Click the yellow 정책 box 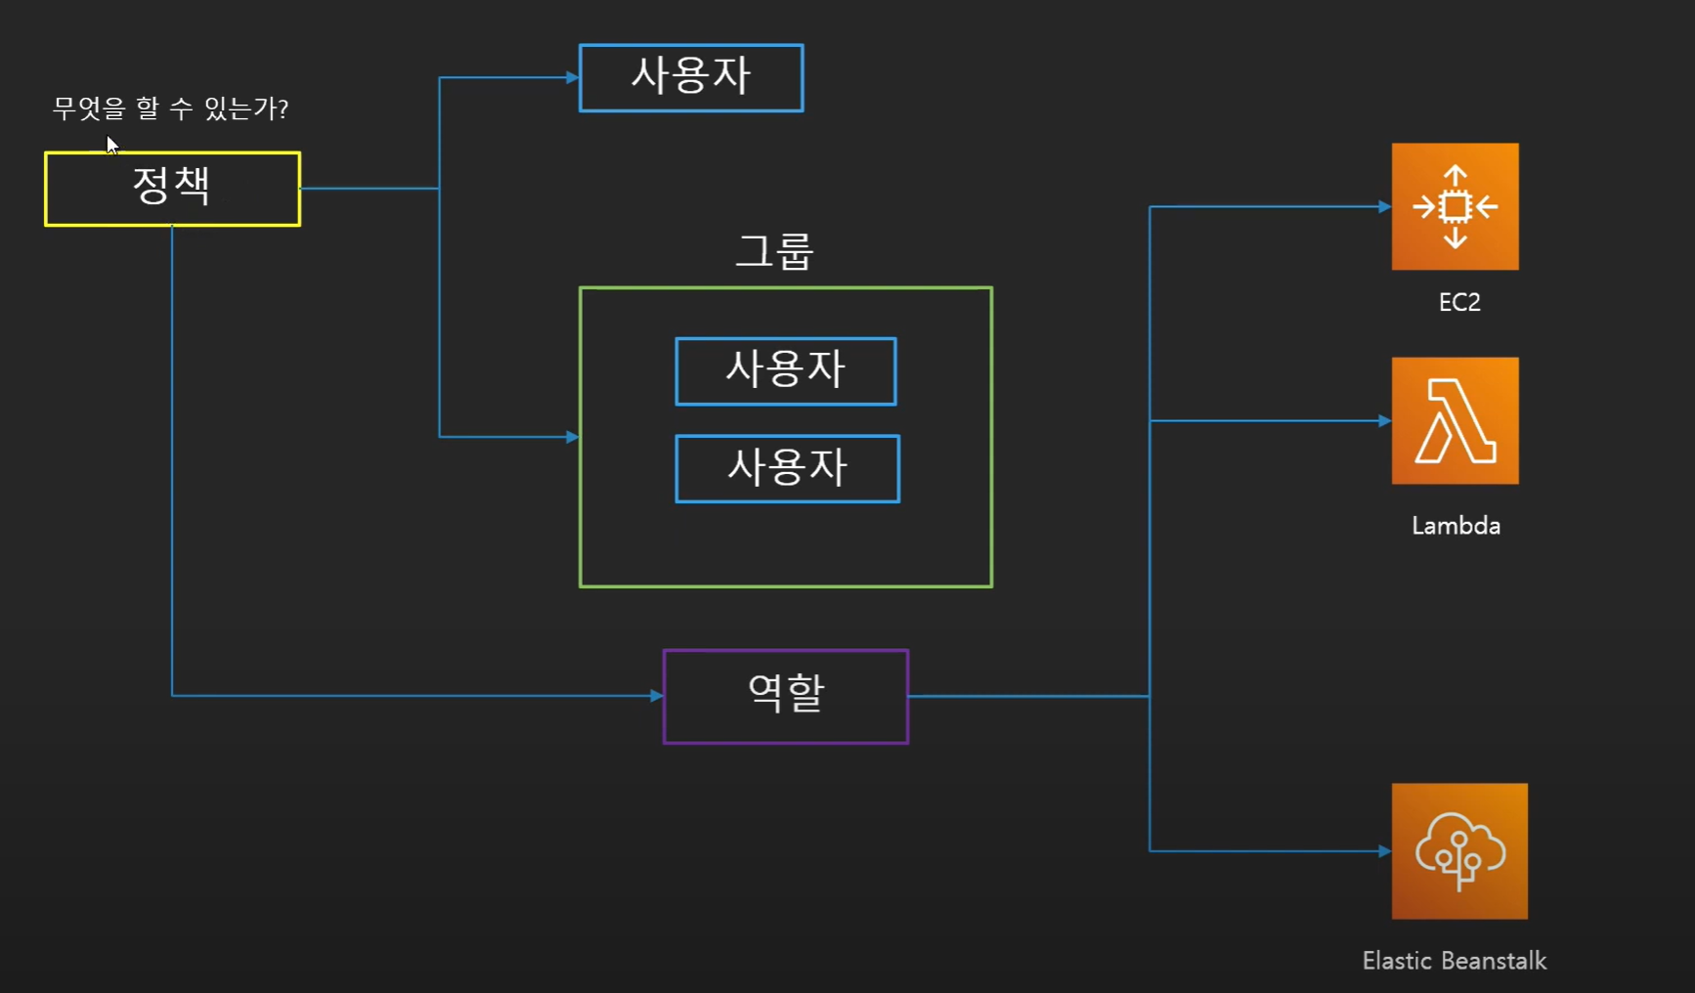pos(172,189)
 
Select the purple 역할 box pos(786,696)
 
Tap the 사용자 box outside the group pos(691,77)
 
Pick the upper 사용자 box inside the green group pos(786,370)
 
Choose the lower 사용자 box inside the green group pos(787,468)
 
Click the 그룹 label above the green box pos(774,252)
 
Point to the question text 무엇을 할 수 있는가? pos(170,108)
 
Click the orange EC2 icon pos(1455,206)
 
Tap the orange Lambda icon pos(1455,420)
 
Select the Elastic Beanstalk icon pos(1459,850)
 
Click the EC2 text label pos(1459,303)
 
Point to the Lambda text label pos(1456,526)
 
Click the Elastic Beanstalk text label pos(1455,961)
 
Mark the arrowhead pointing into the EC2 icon pos(1384,206)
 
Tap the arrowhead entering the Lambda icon pos(1384,420)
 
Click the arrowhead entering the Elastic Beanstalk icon pos(1384,850)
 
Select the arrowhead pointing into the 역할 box pos(657,696)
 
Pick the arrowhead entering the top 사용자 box pos(573,77)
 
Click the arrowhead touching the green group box pos(573,437)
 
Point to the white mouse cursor pos(111,145)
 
